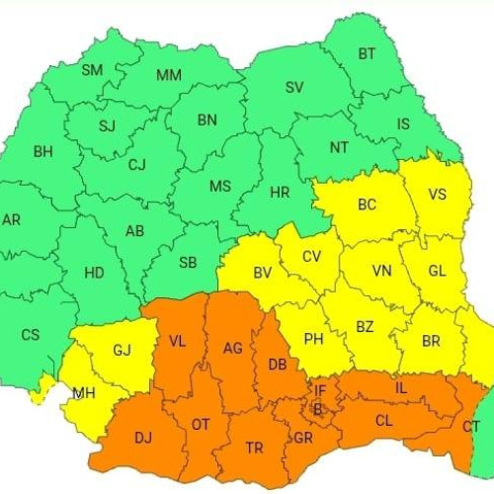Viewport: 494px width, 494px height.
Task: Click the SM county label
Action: pyautogui.click(x=92, y=70)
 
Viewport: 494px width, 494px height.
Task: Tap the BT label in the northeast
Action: pyautogui.click(x=368, y=53)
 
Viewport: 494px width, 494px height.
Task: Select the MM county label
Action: pyautogui.click(x=169, y=75)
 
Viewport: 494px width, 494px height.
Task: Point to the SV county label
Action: pyautogui.click(x=294, y=87)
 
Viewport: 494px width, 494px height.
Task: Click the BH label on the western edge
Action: pyautogui.click(x=42, y=152)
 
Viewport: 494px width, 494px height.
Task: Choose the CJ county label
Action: pyautogui.click(x=137, y=165)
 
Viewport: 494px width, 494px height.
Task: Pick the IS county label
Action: pyautogui.click(x=403, y=123)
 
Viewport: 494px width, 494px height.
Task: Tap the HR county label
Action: pyautogui.click(x=280, y=193)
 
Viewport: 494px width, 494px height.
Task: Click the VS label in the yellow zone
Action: pyautogui.click(x=437, y=195)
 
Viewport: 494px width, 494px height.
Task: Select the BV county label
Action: pyautogui.click(x=263, y=273)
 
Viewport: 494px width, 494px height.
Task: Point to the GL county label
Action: pyautogui.click(x=438, y=271)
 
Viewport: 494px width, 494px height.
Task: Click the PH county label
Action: pyautogui.click(x=314, y=339)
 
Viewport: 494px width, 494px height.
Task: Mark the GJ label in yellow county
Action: pyautogui.click(x=122, y=350)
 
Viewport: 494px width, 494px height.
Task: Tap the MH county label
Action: pyautogui.click(x=84, y=393)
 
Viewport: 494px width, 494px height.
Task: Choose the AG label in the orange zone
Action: pyautogui.click(x=233, y=348)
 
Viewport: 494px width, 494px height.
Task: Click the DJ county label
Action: pyautogui.click(x=143, y=436)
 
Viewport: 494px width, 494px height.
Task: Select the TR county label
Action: pyautogui.click(x=255, y=448)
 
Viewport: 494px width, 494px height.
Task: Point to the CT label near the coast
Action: pyautogui.click(x=472, y=426)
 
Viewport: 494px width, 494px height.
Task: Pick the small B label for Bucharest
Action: pyautogui.click(x=318, y=407)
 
